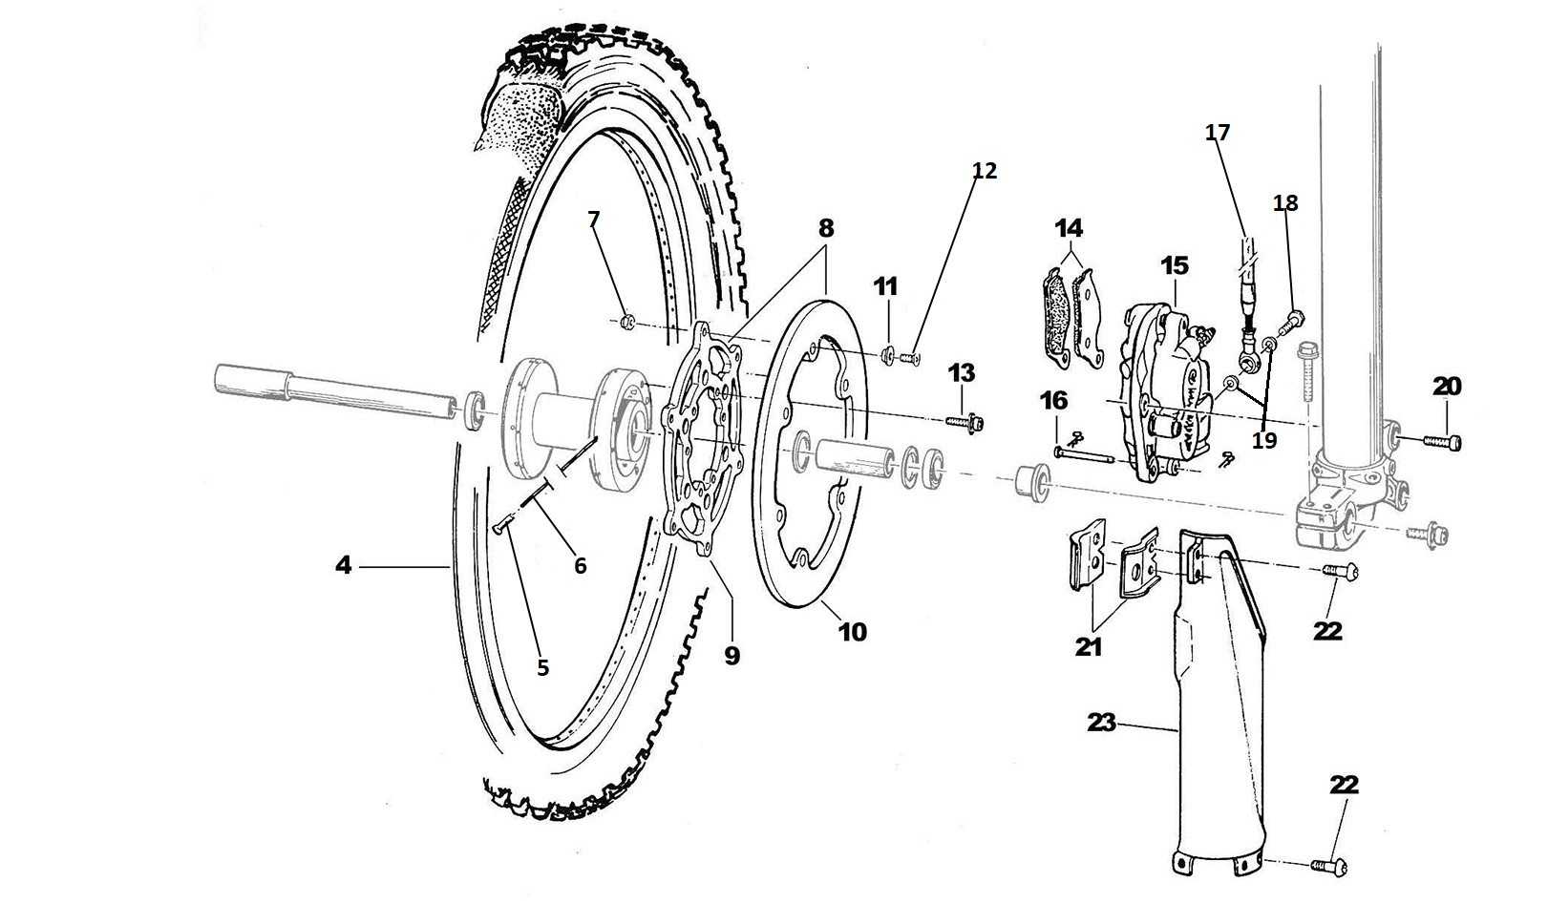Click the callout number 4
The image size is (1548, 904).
(x=343, y=566)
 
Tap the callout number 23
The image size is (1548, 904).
(x=1101, y=723)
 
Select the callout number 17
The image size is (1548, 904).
(x=1218, y=132)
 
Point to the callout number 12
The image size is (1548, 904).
(x=984, y=171)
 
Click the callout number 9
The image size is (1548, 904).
(x=732, y=656)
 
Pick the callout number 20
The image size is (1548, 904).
(x=1447, y=387)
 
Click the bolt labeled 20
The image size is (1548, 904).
(x=1444, y=441)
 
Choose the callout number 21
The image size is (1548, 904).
(x=1088, y=647)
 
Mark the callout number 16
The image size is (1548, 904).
(x=1054, y=401)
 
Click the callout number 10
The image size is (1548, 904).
(x=852, y=631)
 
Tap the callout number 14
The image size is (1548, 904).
(x=1070, y=228)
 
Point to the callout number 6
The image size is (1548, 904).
(x=580, y=565)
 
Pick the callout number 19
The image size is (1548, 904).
(x=1263, y=441)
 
